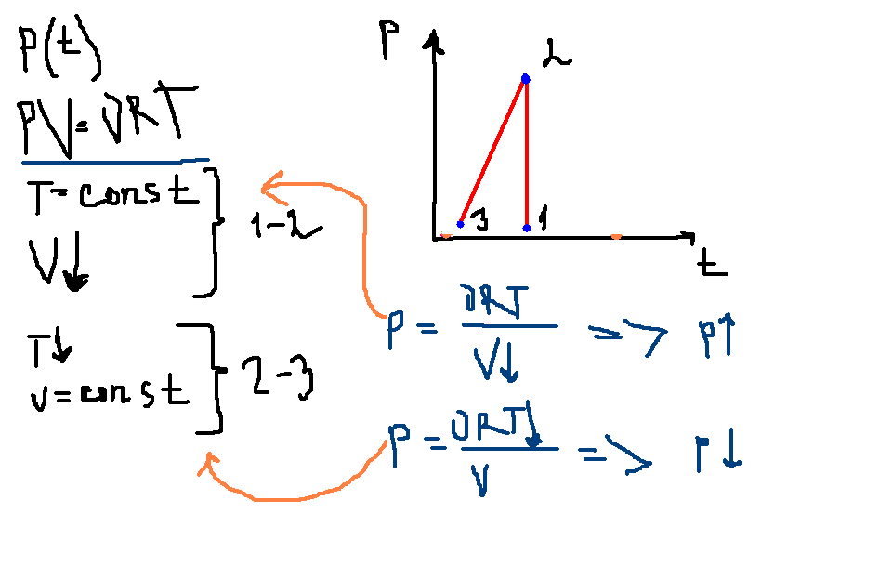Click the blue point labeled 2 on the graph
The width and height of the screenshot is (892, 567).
coord(525,79)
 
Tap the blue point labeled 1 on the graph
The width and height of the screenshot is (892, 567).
coord(526,227)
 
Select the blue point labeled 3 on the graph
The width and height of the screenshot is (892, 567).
coord(460,224)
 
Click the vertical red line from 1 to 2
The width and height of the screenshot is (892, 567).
coord(526,153)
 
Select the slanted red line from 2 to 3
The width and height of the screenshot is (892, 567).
coord(492,152)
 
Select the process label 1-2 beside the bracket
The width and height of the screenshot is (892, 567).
coord(283,225)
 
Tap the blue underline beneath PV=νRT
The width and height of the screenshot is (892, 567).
coord(111,160)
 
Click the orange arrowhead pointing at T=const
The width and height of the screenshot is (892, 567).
coord(270,186)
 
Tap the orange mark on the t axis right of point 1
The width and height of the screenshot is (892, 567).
coord(616,237)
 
